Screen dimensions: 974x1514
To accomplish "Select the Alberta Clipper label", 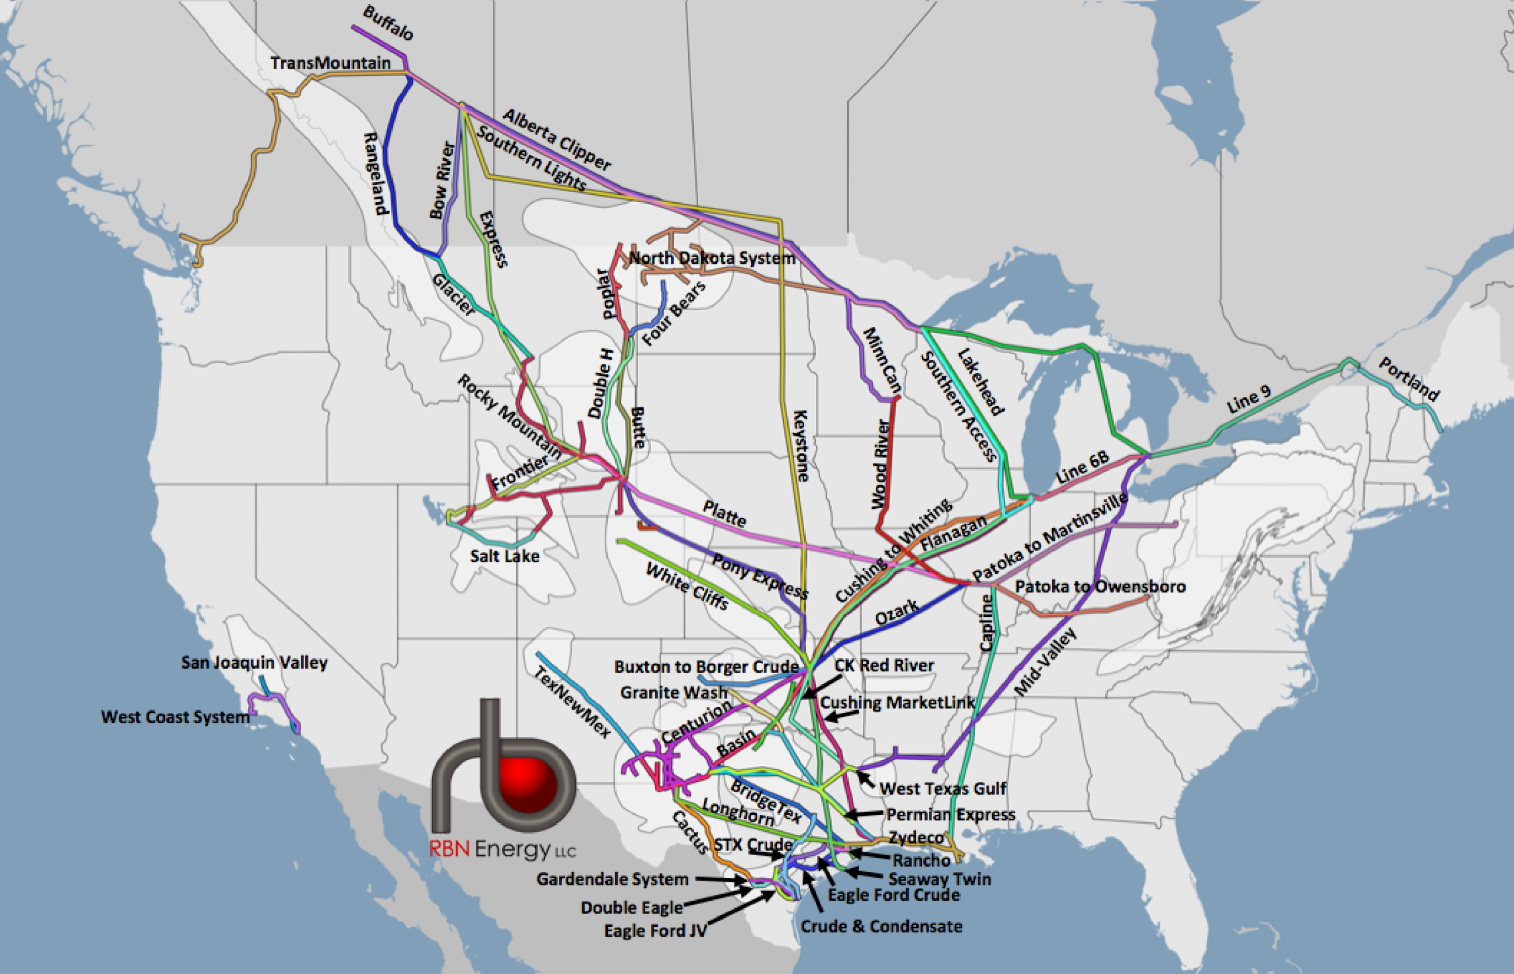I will (557, 140).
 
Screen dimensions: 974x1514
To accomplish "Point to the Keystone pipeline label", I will (801, 445).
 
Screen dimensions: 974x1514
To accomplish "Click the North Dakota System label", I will (712, 258).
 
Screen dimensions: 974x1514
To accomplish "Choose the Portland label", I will (1409, 379).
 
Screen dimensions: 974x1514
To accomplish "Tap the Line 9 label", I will (1248, 400).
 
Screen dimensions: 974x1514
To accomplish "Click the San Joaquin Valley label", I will (254, 662).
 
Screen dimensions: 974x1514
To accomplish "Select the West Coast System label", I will (175, 717).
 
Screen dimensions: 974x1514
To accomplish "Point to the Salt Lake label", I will (504, 556).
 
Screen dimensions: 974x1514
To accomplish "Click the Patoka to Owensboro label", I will (1100, 586).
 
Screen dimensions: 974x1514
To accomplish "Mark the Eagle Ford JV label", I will (655, 930).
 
